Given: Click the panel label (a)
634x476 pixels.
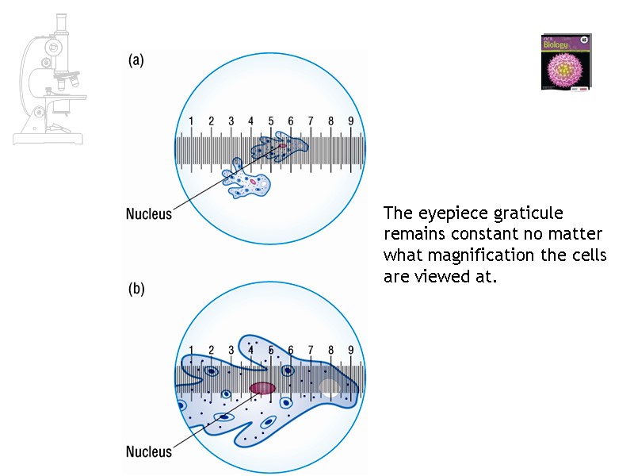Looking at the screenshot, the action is coord(136,60).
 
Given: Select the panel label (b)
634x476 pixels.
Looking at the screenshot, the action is coord(136,290).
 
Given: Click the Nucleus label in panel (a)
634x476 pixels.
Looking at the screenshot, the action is coord(149,213).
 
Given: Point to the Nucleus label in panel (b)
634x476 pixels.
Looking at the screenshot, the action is coord(149,451).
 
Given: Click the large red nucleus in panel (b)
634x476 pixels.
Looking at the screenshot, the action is coord(262,388).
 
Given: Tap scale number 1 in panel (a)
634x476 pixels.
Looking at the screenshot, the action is coord(191,121).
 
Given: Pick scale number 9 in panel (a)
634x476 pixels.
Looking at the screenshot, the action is coord(351,121).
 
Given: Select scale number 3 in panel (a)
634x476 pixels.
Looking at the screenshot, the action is coord(231,121).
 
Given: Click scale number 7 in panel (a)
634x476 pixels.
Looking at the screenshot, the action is coord(311,121).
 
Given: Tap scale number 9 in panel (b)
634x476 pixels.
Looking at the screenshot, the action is coord(351,350).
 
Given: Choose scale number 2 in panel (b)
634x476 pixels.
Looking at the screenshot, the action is coord(211,350).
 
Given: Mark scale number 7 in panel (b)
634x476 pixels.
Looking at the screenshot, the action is coord(311,350).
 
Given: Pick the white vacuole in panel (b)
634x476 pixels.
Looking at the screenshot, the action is coord(330,388).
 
